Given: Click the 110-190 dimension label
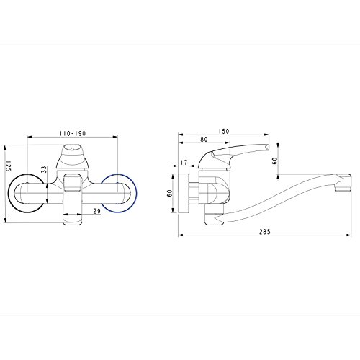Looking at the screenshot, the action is pyautogui.click(x=73, y=133).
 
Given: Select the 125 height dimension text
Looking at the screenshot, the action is pyautogui.click(x=9, y=166).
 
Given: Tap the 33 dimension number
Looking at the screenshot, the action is pyautogui.click(x=44, y=170).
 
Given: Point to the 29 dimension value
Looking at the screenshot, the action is pyautogui.click(x=97, y=211).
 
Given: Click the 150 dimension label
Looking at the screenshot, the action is pyautogui.click(x=224, y=131).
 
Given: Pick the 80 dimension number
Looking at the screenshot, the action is pyautogui.click(x=204, y=140).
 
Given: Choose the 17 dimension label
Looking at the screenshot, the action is pyautogui.click(x=184, y=163).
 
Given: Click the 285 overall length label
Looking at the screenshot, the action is pyautogui.click(x=265, y=232).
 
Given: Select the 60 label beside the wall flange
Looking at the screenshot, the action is pyautogui.click(x=170, y=193).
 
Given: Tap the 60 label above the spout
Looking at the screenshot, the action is pyautogui.click(x=275, y=161).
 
